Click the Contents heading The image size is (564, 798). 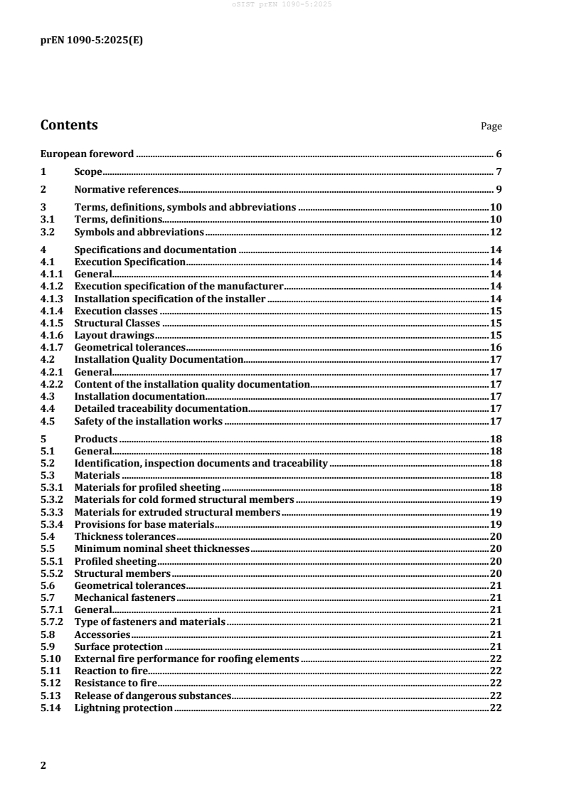click(x=69, y=126)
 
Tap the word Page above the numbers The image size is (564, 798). click(x=491, y=127)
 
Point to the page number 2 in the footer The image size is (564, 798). click(x=44, y=765)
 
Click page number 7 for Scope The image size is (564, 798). click(x=499, y=172)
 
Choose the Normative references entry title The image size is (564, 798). click(x=126, y=190)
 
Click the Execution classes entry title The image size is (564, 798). click(x=117, y=311)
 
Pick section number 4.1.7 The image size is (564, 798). click(x=51, y=347)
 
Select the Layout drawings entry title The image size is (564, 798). click(x=115, y=335)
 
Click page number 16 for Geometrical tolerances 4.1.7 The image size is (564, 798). click(x=496, y=347)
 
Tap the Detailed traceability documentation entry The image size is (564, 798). click(x=161, y=408)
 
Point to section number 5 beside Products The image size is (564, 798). click(x=44, y=439)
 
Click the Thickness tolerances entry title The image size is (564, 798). click(x=124, y=536)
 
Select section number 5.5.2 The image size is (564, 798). click(x=51, y=573)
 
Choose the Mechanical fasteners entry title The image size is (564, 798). click(x=124, y=597)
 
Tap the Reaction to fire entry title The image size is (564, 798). click(x=110, y=671)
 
